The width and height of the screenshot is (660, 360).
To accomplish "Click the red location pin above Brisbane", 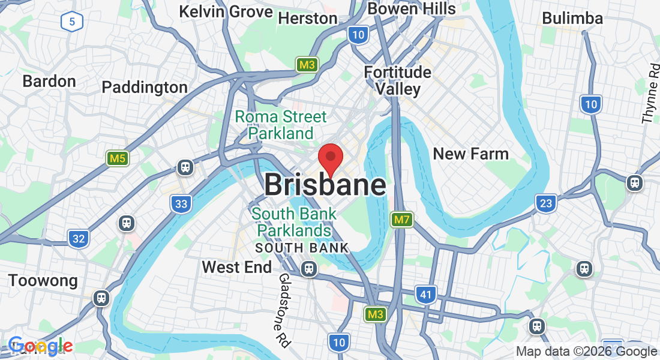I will pyautogui.click(x=330, y=158).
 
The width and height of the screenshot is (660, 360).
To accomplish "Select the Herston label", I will pyautogui.click(x=308, y=19).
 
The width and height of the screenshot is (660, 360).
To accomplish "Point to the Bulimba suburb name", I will pyautogui.click(x=572, y=19).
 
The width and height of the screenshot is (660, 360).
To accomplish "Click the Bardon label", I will pyautogui.click(x=49, y=81).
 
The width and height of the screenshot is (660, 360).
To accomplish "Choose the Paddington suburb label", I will pyautogui.click(x=145, y=88).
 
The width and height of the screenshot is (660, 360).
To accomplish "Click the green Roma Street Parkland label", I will pyautogui.click(x=281, y=125).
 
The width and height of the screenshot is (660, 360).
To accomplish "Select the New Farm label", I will pyautogui.click(x=470, y=154).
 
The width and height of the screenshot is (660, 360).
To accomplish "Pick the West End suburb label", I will pyautogui.click(x=236, y=267).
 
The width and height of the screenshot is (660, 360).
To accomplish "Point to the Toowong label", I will pyautogui.click(x=43, y=281).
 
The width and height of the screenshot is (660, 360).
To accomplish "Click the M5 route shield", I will pyautogui.click(x=118, y=159).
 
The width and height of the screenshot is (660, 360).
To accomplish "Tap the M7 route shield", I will pyautogui.click(x=401, y=220).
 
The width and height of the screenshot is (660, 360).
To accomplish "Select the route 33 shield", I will pyautogui.click(x=181, y=204).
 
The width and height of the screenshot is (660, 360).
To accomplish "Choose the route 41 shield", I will pyautogui.click(x=425, y=295).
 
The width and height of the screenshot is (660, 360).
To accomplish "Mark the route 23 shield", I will pyautogui.click(x=545, y=203).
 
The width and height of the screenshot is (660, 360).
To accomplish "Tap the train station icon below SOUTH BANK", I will pyautogui.click(x=309, y=269).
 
